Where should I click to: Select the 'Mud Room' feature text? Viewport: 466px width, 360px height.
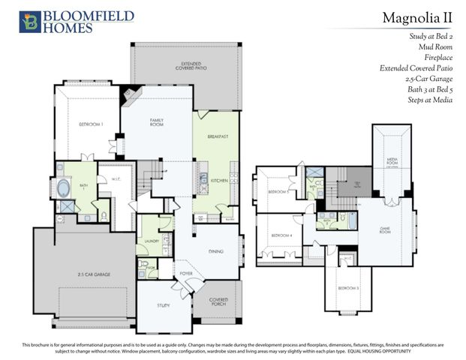pyautogui.click(x=435, y=46)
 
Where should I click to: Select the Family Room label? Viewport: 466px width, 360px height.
pyautogui.click(x=158, y=121)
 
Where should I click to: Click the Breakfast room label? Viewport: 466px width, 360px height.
pyautogui.click(x=218, y=136)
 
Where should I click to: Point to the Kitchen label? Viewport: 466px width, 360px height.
pyautogui.click(x=218, y=181)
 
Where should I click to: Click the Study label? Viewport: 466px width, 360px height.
pyautogui.click(x=163, y=305)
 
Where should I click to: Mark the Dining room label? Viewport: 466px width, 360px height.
pyautogui.click(x=215, y=252)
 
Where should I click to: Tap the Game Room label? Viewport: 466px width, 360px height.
pyautogui.click(x=385, y=231)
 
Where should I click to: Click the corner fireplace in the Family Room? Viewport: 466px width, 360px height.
pyautogui.click(x=131, y=96)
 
